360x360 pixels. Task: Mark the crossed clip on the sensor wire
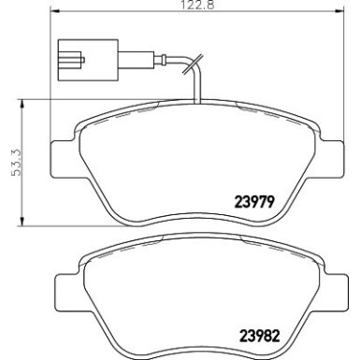pos(192,67)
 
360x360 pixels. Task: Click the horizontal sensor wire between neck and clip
pos(159,62)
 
